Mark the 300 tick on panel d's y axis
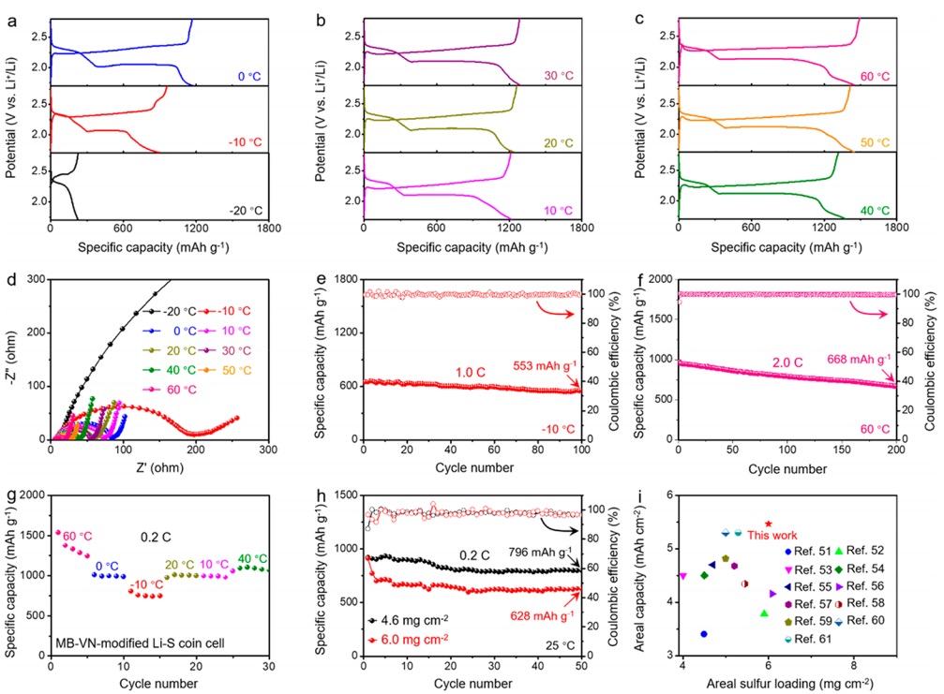37,280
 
